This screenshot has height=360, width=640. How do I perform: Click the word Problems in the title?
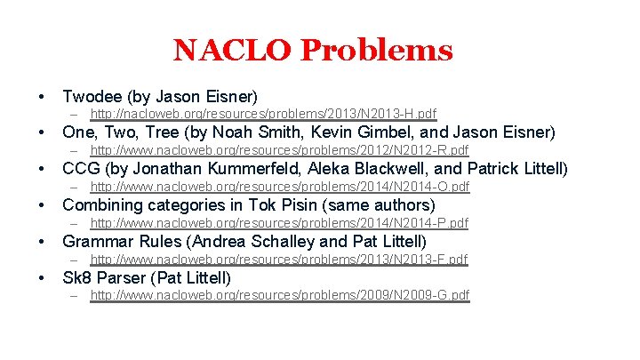(376, 50)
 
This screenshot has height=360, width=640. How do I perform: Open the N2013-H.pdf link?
(263, 114)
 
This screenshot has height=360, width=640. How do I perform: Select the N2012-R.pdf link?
(279, 150)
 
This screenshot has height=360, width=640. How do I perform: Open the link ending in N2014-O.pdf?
(279, 187)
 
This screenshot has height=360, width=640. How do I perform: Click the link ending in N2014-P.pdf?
(279, 223)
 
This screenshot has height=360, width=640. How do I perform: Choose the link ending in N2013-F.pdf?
(279, 260)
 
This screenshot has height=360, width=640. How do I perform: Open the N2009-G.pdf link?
(279, 295)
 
